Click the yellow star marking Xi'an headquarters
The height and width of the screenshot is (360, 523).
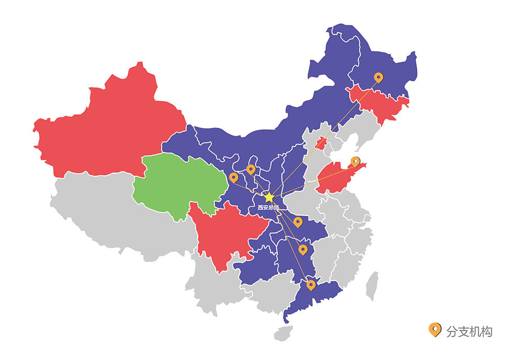point(269,197)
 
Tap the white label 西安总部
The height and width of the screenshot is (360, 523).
point(268,208)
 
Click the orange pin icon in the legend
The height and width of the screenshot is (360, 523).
point(434,329)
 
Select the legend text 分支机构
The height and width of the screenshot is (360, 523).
point(469,331)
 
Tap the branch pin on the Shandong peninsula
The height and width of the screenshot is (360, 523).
point(355,161)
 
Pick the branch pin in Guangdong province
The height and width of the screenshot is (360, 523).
point(311,285)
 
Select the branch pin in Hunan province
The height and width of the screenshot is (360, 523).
point(303,249)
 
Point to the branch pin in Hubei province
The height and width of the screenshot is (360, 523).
point(298,222)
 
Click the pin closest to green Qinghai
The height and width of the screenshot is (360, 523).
point(234,177)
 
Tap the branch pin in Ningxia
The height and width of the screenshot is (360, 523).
point(251,169)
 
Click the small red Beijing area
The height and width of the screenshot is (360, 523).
point(321,142)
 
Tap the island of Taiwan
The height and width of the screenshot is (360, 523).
point(372,286)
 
